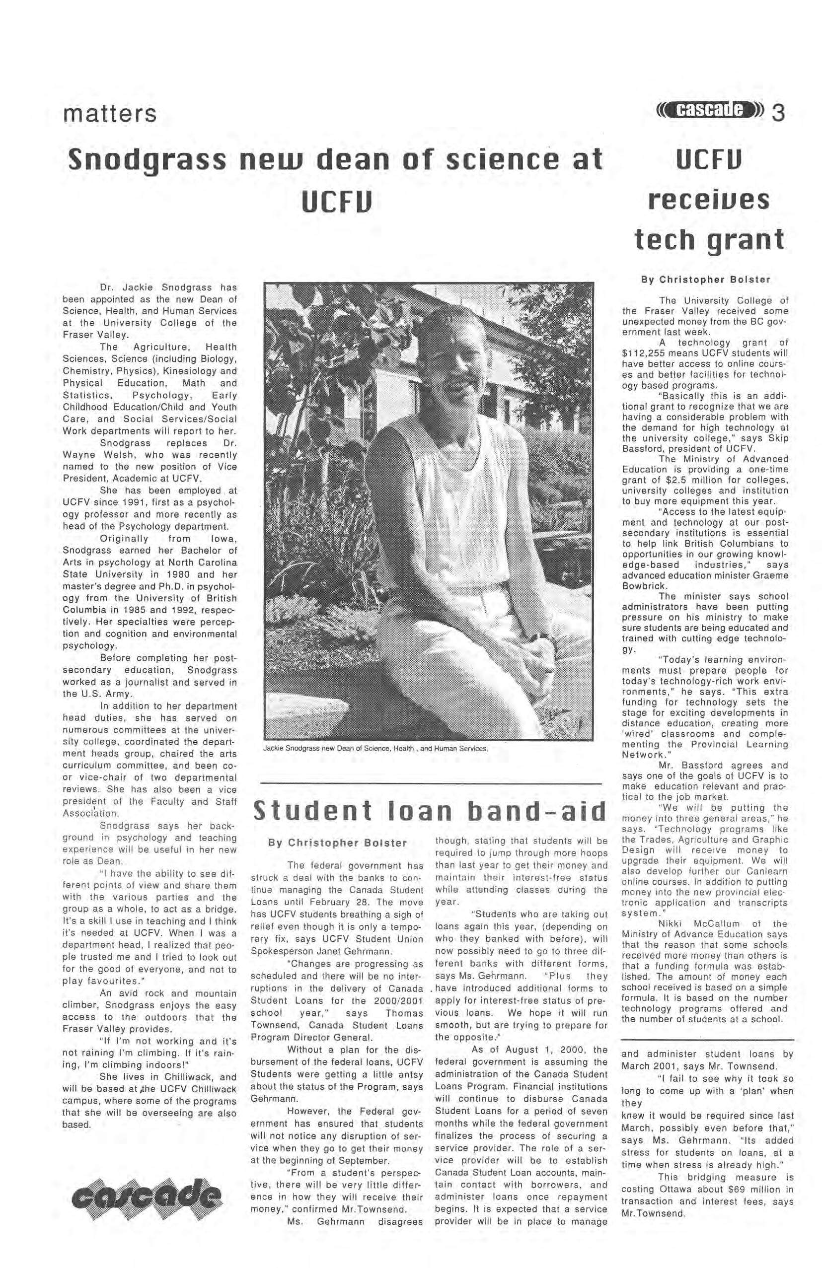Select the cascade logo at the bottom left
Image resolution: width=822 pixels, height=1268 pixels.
click(x=150, y=1200)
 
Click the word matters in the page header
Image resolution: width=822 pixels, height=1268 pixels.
click(x=110, y=114)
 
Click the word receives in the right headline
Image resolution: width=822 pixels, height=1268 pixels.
click(x=708, y=200)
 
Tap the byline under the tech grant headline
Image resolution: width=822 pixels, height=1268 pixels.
click(x=706, y=279)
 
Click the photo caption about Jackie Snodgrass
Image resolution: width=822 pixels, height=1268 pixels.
click(x=375, y=748)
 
